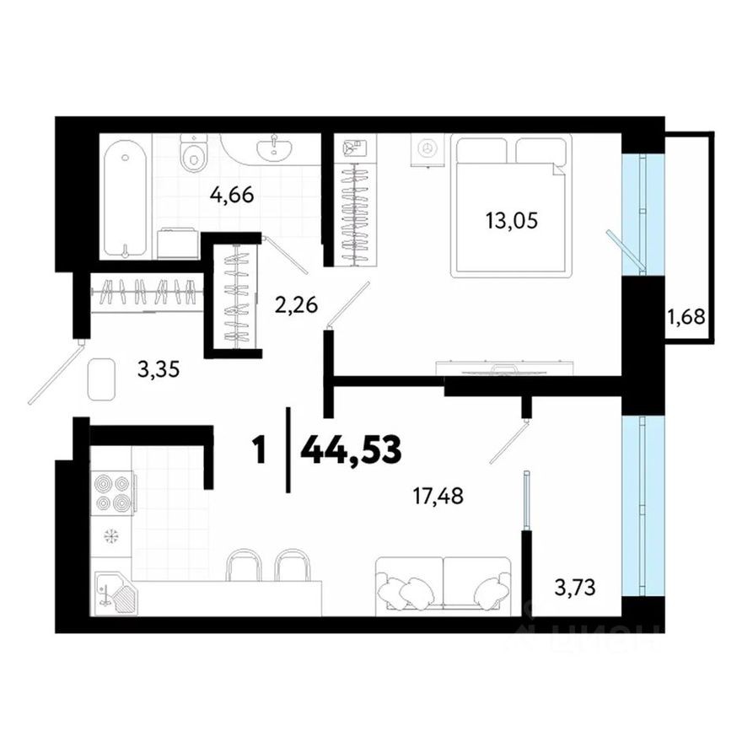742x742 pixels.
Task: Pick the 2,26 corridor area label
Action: point(296,305)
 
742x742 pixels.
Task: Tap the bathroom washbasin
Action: point(276,148)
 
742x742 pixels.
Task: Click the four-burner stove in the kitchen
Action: point(113,493)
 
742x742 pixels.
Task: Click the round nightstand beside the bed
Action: point(427,149)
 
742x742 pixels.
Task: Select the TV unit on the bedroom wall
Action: point(503,368)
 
